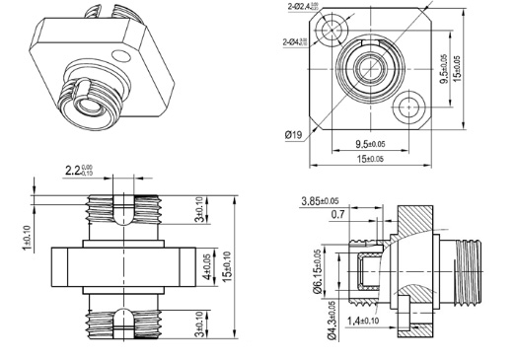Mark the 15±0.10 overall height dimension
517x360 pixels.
230,265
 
